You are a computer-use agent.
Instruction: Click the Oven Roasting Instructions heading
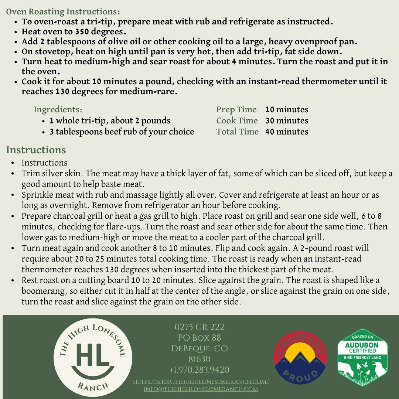[x=63, y=12]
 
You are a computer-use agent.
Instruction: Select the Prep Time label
[x=236, y=110]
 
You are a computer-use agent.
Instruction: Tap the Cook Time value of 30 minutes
[x=286, y=121]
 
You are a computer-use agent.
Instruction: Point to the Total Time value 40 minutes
[x=286, y=132]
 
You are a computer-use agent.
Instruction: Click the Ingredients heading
[x=58, y=110]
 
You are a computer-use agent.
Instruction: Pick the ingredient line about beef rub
[x=122, y=132]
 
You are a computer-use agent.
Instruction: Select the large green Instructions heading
[x=36, y=150]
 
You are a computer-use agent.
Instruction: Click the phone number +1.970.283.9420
[x=199, y=370]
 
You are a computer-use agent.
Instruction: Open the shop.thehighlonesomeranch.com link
[x=201, y=382]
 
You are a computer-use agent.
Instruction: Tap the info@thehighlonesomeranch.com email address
[x=201, y=389]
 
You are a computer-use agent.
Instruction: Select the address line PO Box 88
[x=199, y=338]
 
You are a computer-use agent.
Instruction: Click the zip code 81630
[x=199, y=359]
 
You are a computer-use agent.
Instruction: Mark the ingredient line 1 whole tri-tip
[x=110, y=121]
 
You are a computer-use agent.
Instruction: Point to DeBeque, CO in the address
[x=199, y=348]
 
